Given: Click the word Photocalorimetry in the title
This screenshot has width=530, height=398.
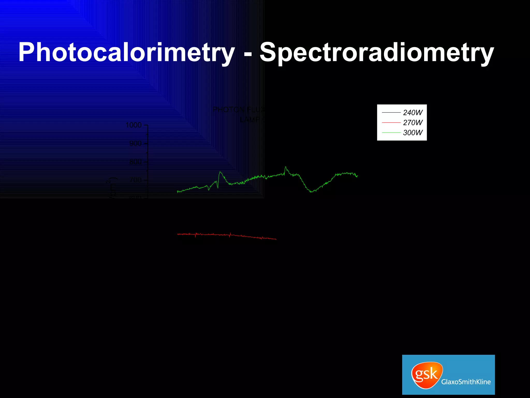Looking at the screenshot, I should coord(127,53).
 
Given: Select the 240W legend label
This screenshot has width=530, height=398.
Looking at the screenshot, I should coord(413,113).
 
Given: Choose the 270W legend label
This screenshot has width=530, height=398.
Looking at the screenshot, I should coord(413,123).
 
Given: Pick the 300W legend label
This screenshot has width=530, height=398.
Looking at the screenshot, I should coord(413,133).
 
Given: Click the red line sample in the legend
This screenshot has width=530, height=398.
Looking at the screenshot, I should coord(391,123).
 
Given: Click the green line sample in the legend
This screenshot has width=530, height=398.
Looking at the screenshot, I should coord(391,133).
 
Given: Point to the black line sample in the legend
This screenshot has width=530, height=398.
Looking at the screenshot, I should coord(391,113).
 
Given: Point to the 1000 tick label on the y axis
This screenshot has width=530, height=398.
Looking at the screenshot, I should coord(134,125).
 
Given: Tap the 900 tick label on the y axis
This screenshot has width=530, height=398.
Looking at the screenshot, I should coord(135,144).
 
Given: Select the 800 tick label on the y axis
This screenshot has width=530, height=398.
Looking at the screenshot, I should coord(135,162).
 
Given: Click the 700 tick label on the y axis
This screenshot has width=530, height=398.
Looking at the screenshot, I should coord(135,180).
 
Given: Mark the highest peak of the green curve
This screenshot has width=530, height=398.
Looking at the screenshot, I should coord(285,167).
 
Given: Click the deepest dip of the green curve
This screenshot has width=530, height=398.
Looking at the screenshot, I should coord(312,192).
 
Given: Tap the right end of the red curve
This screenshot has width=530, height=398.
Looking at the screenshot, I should coord(276,239).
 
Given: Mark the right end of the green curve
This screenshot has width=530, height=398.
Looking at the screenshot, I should coord(357,176).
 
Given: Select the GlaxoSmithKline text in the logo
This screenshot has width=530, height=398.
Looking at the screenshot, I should coord(466,382).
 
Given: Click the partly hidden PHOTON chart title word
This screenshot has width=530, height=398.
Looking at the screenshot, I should coord(229,110).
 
